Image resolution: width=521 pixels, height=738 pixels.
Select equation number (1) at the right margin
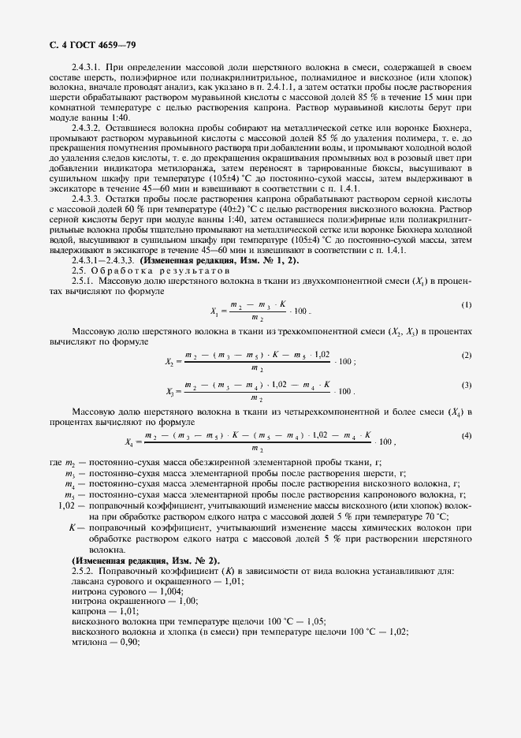[466, 282]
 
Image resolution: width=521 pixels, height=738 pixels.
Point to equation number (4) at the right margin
[466, 436]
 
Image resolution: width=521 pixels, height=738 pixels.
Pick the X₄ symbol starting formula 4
[129, 442]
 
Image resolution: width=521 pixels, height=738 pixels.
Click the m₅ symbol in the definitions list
[69, 494]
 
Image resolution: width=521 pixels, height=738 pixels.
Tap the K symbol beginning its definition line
[72, 526]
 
